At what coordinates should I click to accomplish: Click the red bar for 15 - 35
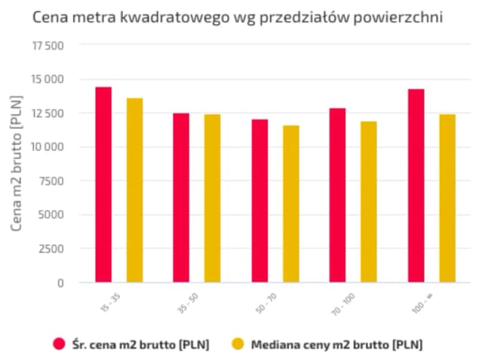point(103,185)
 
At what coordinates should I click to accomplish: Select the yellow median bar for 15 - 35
point(134,190)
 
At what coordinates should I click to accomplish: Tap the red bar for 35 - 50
point(181,198)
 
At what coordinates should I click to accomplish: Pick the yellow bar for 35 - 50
point(212,198)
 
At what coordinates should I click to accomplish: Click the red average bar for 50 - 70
point(260,201)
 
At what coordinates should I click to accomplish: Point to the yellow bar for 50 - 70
point(291,204)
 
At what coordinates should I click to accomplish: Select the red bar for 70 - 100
point(337,195)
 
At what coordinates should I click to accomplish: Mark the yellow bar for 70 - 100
point(368,202)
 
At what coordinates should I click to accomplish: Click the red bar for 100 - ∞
point(416,186)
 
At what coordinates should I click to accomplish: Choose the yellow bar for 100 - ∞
point(447,198)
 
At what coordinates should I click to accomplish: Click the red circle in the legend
point(60,344)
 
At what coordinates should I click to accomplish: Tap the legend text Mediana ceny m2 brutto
point(332,344)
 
